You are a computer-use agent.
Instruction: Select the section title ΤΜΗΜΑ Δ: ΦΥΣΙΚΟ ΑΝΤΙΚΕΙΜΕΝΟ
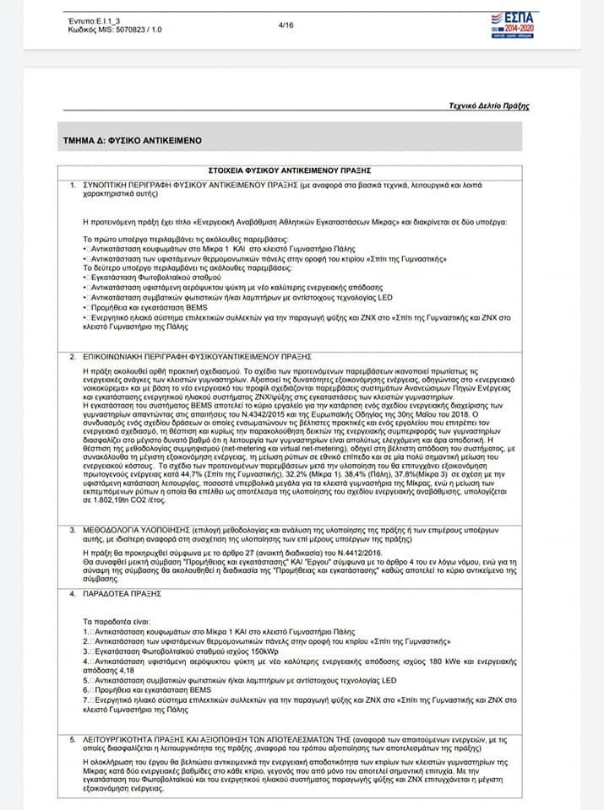tap(132, 141)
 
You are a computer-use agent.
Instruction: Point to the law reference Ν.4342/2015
tap(288, 414)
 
